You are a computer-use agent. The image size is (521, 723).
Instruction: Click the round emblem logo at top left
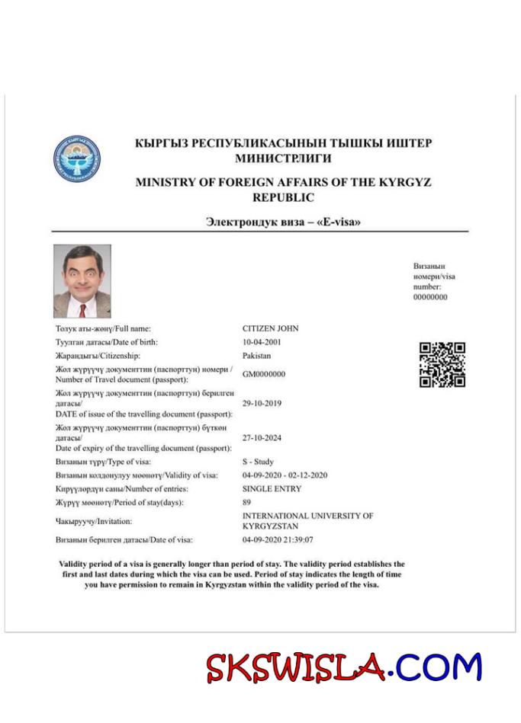[x=77, y=158]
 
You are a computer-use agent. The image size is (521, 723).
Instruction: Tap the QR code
[x=442, y=365]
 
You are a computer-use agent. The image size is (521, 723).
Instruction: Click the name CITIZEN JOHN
[x=270, y=328]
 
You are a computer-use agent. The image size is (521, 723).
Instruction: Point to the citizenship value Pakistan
[x=257, y=356]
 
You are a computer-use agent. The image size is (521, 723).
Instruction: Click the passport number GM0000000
[x=264, y=374]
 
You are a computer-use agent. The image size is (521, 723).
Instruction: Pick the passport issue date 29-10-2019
[x=262, y=403]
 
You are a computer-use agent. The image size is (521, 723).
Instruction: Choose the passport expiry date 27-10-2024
[x=262, y=438]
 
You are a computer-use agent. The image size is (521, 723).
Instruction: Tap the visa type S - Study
[x=258, y=462]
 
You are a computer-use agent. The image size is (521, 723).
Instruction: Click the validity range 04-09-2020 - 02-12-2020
[x=285, y=475]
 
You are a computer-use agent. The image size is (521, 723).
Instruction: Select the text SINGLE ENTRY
[x=272, y=488]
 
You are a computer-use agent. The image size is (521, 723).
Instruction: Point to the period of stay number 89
[x=246, y=502]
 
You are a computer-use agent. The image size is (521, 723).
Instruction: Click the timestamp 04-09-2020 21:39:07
[x=277, y=539]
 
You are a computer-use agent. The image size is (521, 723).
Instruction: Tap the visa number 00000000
[x=430, y=297]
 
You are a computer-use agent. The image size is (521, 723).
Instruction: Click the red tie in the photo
[x=82, y=309]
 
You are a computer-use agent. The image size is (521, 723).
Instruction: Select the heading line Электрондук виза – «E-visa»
[x=283, y=222]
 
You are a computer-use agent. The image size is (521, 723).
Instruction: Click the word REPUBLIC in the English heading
[x=283, y=197]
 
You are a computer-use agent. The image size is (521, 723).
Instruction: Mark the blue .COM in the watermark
[x=438, y=667]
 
